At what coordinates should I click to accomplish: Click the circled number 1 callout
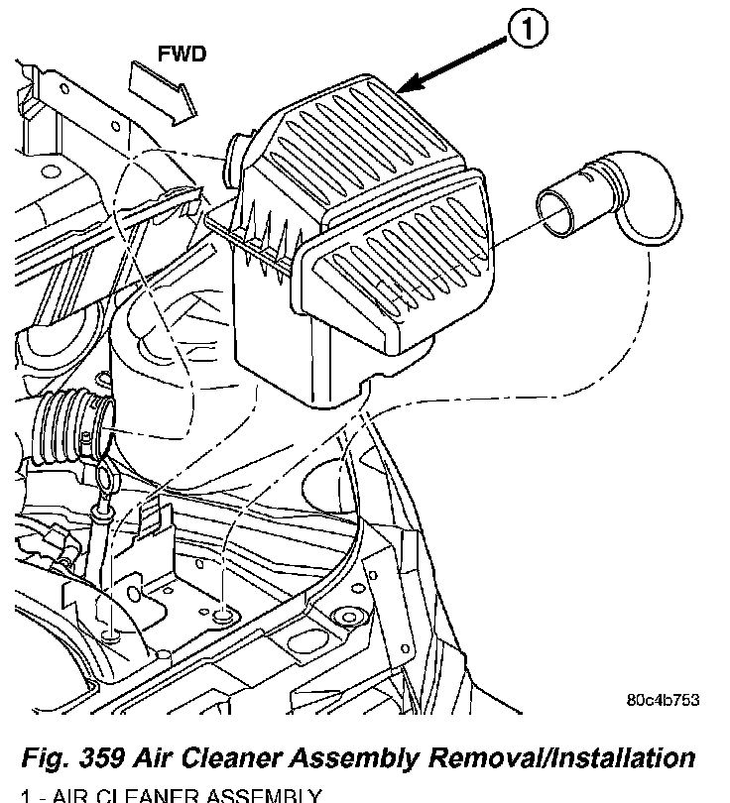tap(530, 32)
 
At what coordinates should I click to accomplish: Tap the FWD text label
tap(182, 54)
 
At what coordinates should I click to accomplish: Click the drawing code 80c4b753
tap(663, 699)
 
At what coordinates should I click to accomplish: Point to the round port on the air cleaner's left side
tap(237, 154)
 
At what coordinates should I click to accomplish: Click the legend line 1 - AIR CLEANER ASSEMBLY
tap(169, 795)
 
